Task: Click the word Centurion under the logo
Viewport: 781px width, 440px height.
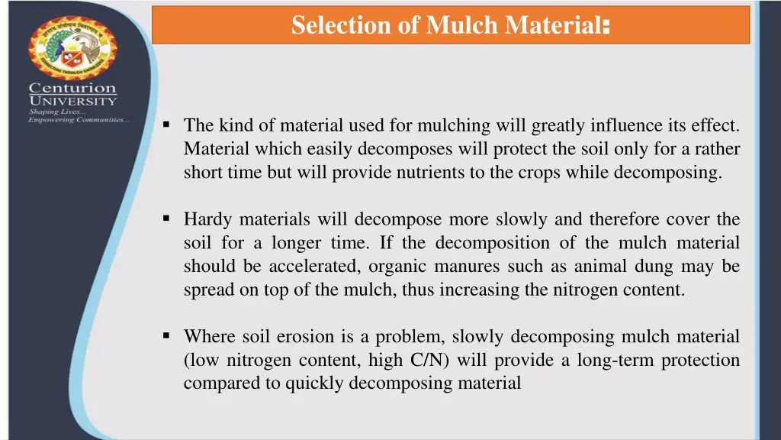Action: pyautogui.click(x=73, y=89)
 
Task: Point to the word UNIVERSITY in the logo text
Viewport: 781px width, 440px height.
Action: pyautogui.click(x=73, y=101)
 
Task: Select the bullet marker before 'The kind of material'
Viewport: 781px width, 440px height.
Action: pyautogui.click(x=166, y=123)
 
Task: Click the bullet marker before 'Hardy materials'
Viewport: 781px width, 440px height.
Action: pyautogui.click(x=166, y=218)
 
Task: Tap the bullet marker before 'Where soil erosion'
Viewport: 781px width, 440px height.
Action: pyautogui.click(x=166, y=335)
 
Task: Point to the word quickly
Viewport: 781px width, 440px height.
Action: pyautogui.click(x=314, y=383)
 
